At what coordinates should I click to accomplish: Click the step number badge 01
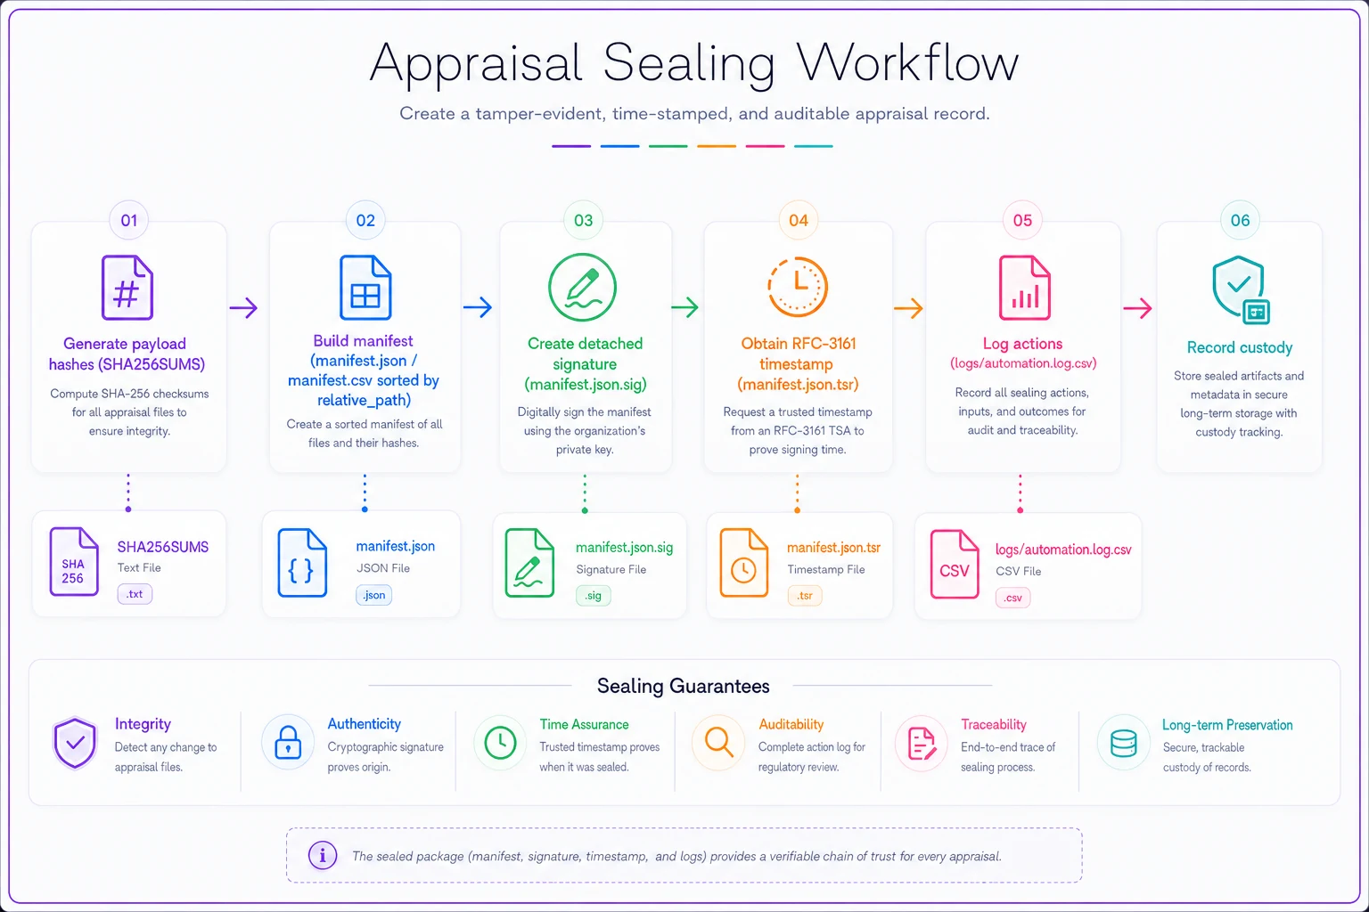[129, 220]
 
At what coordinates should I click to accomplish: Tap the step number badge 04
[799, 220]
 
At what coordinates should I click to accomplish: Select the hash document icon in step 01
[127, 288]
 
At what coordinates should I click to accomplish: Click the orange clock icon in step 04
[798, 287]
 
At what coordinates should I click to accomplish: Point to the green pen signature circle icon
[582, 287]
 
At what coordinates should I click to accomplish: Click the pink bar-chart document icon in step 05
[1024, 288]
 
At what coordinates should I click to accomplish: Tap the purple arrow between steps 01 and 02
[243, 307]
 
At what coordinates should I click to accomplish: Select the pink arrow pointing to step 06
[1137, 308]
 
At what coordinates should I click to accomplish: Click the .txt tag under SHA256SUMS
[135, 594]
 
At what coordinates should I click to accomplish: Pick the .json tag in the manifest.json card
[374, 595]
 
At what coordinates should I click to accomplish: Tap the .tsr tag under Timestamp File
[805, 596]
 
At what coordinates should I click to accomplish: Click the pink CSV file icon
[955, 565]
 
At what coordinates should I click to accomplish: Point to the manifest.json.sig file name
[624, 548]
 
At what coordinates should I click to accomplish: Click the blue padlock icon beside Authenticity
[288, 742]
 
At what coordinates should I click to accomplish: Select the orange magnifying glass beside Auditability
[718, 742]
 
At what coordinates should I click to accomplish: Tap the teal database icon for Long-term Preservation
[1123, 744]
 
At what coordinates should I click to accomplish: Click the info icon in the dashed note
[323, 855]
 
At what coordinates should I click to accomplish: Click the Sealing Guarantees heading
[683, 686]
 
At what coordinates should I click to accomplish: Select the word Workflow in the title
[907, 62]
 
